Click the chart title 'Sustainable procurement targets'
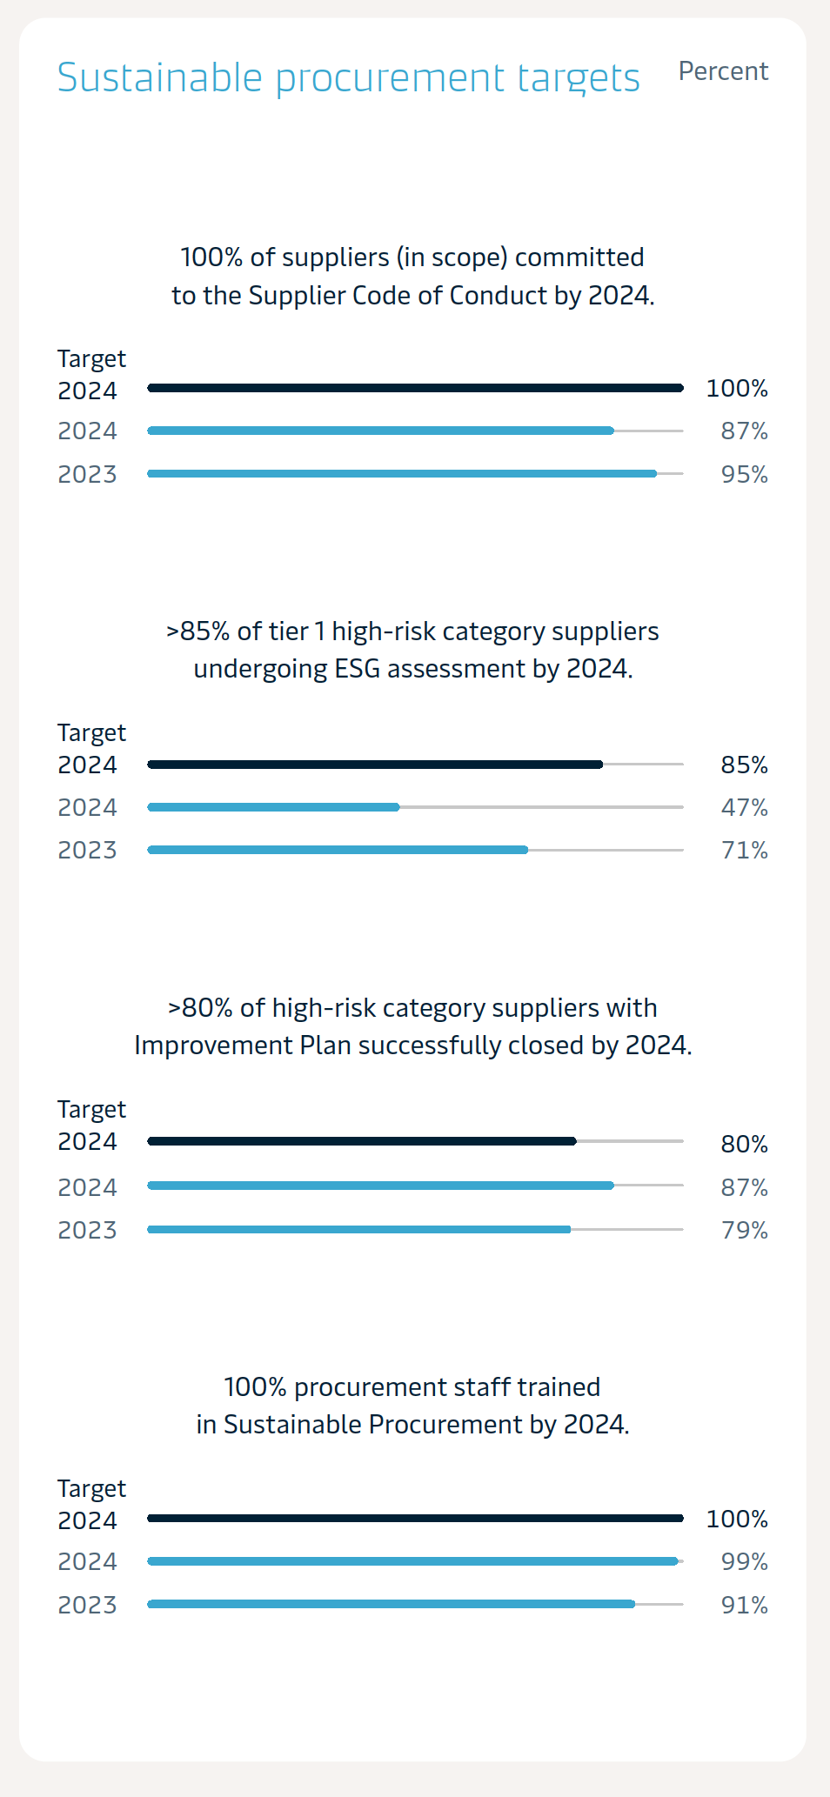[348, 77]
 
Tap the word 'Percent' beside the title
[723, 71]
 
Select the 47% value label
[744, 808]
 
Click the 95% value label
[744, 475]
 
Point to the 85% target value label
[744, 765]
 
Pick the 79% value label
[744, 1231]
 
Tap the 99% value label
[744, 1562]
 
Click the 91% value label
[744, 1606]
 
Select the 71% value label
[744, 851]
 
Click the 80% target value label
[744, 1145]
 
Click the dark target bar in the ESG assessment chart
[375, 765]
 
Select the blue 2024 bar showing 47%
[273, 807]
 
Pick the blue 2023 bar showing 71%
[338, 850]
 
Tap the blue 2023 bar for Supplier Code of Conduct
[402, 474]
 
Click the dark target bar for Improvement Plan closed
[362, 1141]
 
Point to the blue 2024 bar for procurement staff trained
[412, 1561]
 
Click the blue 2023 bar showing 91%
[391, 1604]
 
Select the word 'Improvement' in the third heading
[213, 1045]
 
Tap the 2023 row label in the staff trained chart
[87, 1605]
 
